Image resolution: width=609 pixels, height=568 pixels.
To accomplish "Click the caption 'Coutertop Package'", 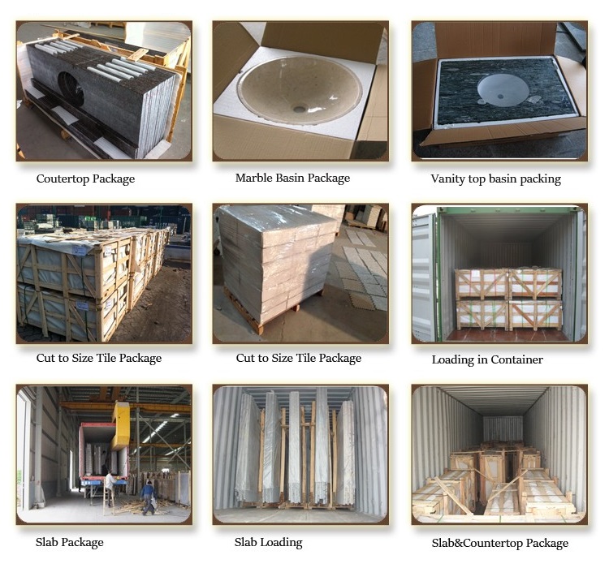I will click(x=85, y=179).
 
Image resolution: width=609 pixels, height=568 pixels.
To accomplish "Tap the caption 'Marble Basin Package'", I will click(x=292, y=178).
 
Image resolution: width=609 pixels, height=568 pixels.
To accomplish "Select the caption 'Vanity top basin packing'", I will click(x=495, y=179).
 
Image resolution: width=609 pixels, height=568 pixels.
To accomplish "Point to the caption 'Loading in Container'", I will click(x=487, y=359).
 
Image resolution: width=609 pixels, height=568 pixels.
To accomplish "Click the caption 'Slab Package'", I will click(x=70, y=542).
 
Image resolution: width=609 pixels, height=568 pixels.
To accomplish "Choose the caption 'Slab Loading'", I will click(x=268, y=542).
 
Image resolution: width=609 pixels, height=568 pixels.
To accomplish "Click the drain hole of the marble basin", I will click(x=300, y=107).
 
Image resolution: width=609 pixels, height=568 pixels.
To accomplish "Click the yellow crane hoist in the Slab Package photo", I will click(x=121, y=424).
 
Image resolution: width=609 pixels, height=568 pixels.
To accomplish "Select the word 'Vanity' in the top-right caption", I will click(x=447, y=179).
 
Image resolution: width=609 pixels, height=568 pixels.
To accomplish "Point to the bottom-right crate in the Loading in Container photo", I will click(x=534, y=314).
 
